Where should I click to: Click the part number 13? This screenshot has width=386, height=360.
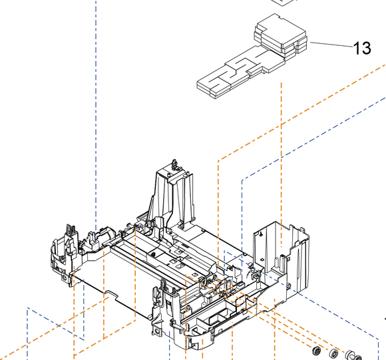[x=361, y=48]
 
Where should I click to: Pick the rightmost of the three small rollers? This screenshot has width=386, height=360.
[x=349, y=353]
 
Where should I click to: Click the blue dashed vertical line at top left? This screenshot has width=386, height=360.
[x=96, y=100]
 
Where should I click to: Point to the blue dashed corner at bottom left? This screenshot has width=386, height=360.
[x=28, y=311]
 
